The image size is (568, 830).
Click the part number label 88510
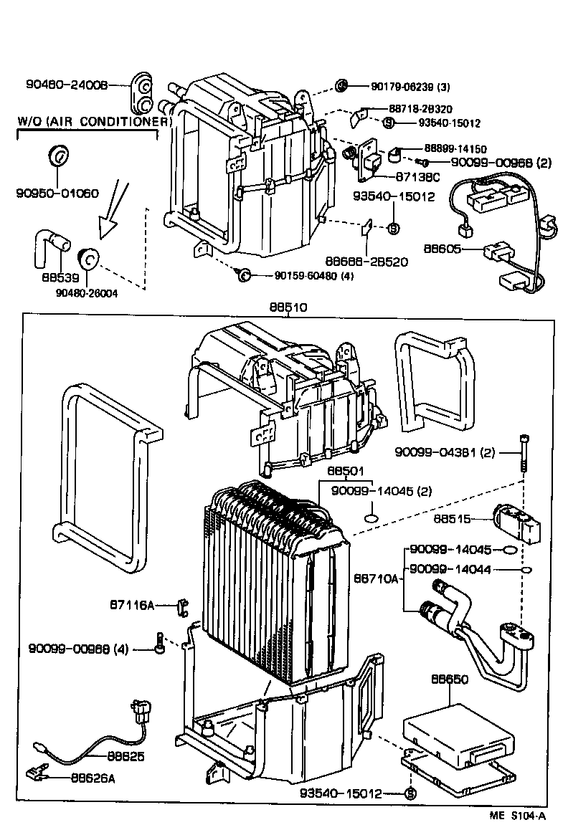[x=288, y=307]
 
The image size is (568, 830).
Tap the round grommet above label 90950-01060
[x=57, y=156]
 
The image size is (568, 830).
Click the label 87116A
[x=131, y=604]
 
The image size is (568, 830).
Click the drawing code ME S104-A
[x=518, y=816]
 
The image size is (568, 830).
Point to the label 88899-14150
[x=455, y=148]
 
